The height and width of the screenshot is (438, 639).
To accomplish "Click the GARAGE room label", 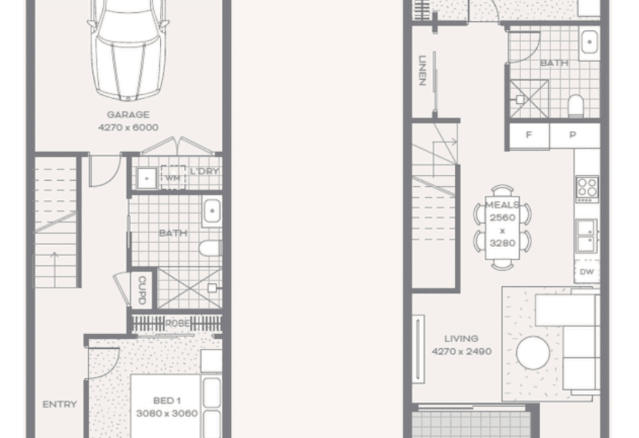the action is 128,115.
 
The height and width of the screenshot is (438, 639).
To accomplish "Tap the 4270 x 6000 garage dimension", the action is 128,127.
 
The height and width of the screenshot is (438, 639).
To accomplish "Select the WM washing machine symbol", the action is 173,177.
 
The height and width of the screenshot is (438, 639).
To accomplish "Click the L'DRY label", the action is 204,171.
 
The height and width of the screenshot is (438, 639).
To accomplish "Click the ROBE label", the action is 177,323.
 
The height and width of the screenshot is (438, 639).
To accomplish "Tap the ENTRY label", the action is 60,404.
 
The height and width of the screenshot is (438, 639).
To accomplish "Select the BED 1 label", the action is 167,401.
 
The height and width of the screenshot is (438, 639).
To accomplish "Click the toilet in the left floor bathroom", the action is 211,248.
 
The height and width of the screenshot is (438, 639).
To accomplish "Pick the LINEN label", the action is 422,70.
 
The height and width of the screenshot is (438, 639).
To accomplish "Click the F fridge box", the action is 529,136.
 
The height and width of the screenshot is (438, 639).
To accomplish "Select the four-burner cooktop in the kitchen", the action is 587,189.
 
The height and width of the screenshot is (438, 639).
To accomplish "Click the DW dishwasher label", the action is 587,272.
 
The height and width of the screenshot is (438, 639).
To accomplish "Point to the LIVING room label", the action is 461,339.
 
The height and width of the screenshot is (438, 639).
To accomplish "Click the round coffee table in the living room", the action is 533,353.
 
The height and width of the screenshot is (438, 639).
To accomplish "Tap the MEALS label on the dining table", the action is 502,205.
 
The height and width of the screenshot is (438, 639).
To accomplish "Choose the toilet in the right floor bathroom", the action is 575,106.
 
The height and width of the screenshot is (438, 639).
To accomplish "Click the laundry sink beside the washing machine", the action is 147,178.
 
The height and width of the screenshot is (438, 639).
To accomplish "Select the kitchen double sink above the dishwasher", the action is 587,235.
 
